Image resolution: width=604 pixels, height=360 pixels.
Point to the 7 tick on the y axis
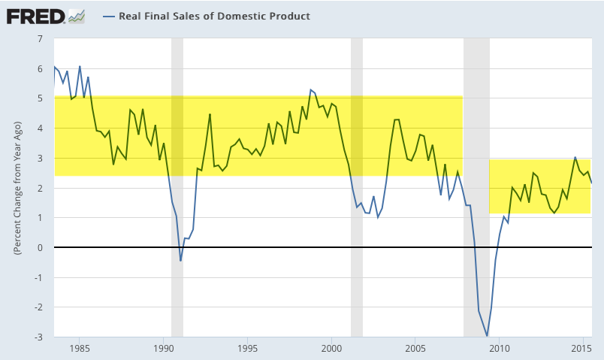point(40,38)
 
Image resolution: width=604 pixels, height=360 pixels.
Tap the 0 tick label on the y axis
point(40,247)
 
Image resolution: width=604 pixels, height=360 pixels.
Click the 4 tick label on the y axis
point(40,128)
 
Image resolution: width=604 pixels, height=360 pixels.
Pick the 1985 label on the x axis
point(80,348)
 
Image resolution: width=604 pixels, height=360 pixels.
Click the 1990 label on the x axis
point(164,348)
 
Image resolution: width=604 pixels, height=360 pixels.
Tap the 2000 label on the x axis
point(332,348)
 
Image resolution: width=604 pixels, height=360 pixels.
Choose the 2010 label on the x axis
point(500,348)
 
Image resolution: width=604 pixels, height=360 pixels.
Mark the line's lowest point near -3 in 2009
point(487,336)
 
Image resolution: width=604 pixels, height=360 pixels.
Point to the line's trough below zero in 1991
point(180,261)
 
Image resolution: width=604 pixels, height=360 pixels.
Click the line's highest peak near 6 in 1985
point(80,66)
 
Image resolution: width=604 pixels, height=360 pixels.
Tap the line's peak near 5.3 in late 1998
point(310,89)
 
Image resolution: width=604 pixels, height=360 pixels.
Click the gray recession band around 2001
point(357,188)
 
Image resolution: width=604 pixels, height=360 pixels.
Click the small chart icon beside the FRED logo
point(76,15)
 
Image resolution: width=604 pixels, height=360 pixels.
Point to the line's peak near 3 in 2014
point(575,157)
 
